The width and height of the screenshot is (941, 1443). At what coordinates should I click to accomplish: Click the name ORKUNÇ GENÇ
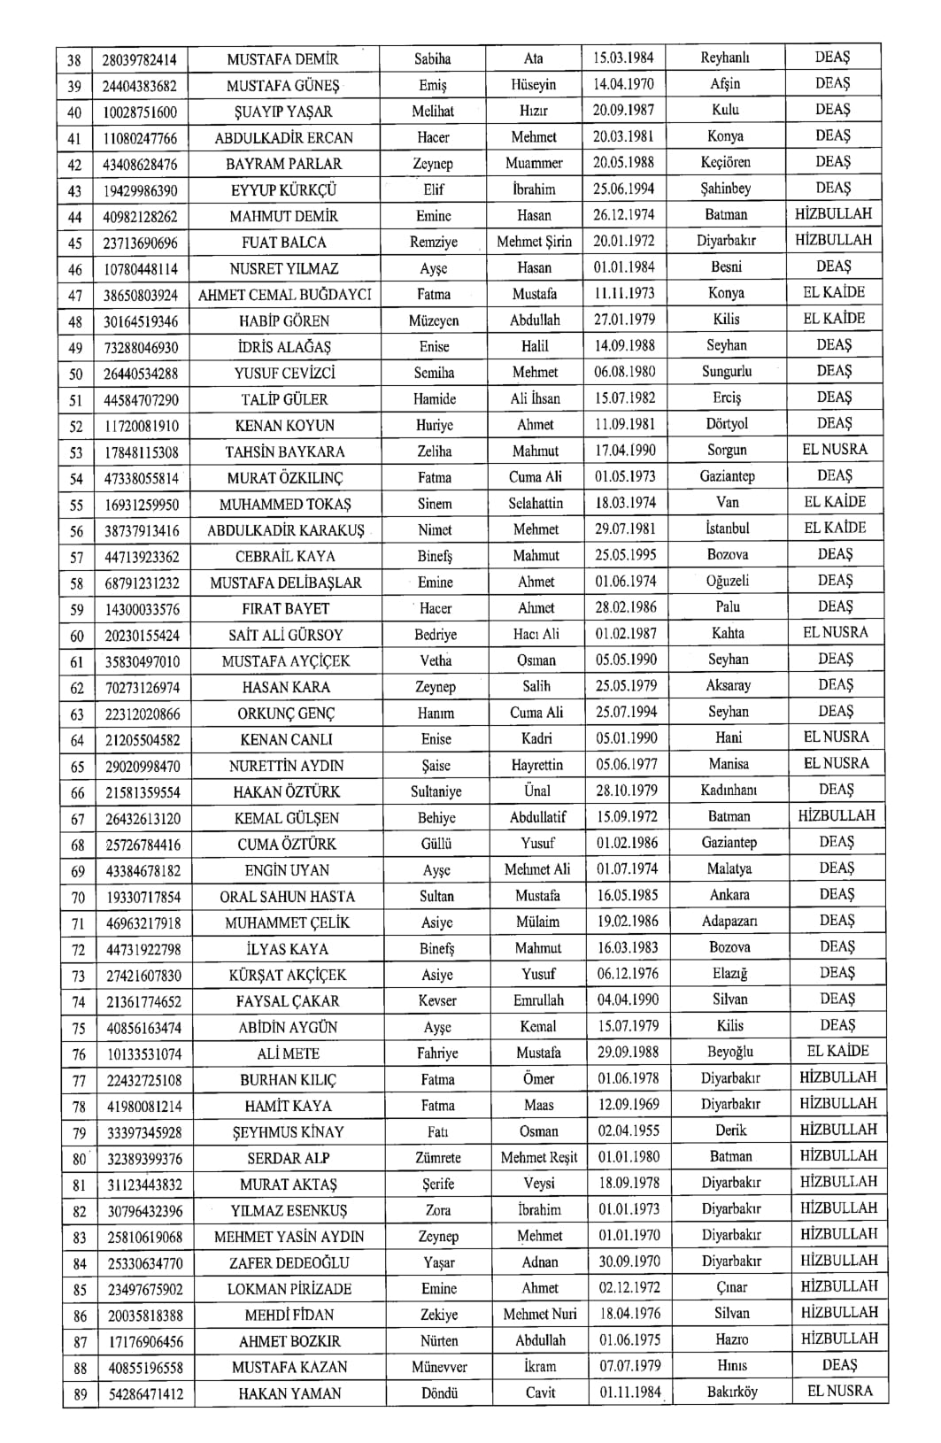pos(286,714)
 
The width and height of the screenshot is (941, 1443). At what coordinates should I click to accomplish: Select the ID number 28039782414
pos(140,59)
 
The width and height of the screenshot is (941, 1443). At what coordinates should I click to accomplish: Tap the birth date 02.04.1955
pos(628,1130)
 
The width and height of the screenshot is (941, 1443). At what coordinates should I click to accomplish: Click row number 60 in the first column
pos(77,635)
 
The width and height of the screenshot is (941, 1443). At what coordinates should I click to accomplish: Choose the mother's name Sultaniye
pos(436,791)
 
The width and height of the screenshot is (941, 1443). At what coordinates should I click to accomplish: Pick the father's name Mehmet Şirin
pos(534,242)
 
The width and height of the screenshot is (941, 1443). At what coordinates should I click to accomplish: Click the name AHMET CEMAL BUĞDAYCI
pos(285,295)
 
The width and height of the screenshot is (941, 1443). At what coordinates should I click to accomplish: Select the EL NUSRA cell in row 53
pos(835,450)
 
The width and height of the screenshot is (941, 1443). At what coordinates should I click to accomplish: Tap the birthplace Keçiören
pos(726,163)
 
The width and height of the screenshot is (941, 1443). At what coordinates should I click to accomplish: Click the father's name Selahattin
pos(535,503)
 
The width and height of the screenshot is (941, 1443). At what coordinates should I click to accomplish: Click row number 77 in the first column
pos(79,1080)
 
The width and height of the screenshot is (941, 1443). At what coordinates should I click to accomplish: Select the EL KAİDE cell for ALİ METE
pos(837,1052)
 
